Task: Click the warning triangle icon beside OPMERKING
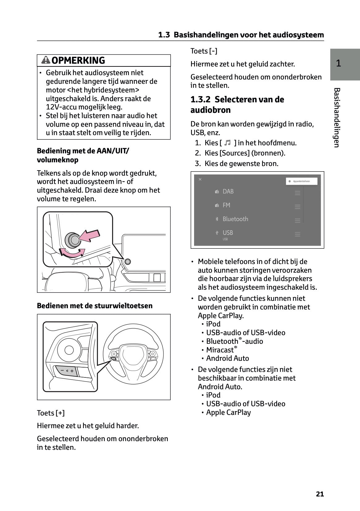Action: click(x=46, y=60)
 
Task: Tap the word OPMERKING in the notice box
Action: click(x=78, y=60)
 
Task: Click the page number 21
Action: click(x=320, y=494)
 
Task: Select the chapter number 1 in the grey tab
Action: click(x=338, y=63)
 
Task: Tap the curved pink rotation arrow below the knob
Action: click(x=72, y=253)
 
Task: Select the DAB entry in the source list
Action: click(x=228, y=192)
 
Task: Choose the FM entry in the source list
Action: click(x=226, y=205)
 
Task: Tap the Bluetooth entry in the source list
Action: click(x=235, y=219)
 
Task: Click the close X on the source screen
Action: click(x=200, y=179)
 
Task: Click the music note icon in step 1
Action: click(x=227, y=143)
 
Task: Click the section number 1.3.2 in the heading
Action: click(x=200, y=100)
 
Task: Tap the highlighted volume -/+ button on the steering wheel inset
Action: click(x=66, y=370)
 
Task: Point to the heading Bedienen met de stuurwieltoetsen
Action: click(x=95, y=306)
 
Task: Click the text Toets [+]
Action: click(x=51, y=413)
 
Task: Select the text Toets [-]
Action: click(x=204, y=51)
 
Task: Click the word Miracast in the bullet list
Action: click(x=220, y=350)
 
